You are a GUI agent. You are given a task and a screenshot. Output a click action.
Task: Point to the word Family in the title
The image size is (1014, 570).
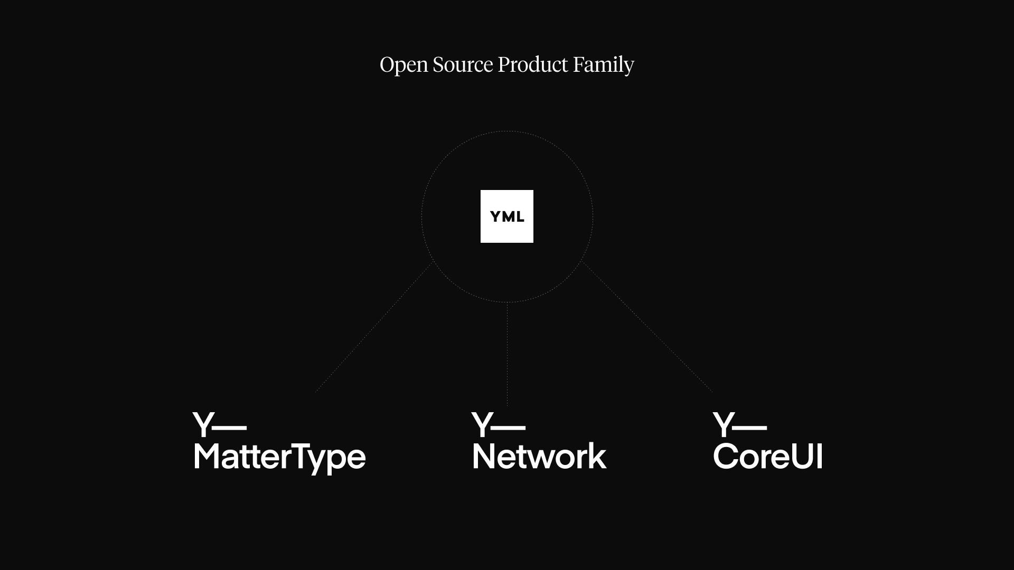[x=603, y=65]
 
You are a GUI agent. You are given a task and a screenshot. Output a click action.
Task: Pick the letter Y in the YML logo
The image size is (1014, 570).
[x=495, y=217]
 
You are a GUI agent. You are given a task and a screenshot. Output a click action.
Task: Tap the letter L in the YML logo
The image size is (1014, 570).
[x=520, y=217]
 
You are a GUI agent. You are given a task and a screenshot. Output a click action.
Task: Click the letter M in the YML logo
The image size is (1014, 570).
[x=508, y=217]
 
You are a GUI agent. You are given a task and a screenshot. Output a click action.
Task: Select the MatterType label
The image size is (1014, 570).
[x=279, y=457]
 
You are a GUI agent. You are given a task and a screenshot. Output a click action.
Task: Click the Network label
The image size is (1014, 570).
[x=539, y=457]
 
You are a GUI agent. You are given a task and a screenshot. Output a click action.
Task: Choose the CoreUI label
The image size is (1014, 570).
[x=767, y=457]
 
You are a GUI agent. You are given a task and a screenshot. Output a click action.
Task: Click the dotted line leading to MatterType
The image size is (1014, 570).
[x=374, y=327]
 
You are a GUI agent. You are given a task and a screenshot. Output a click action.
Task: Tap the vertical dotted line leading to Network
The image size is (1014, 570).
[x=507, y=354]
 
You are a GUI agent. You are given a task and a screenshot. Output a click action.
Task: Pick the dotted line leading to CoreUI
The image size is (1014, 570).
[x=647, y=327]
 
